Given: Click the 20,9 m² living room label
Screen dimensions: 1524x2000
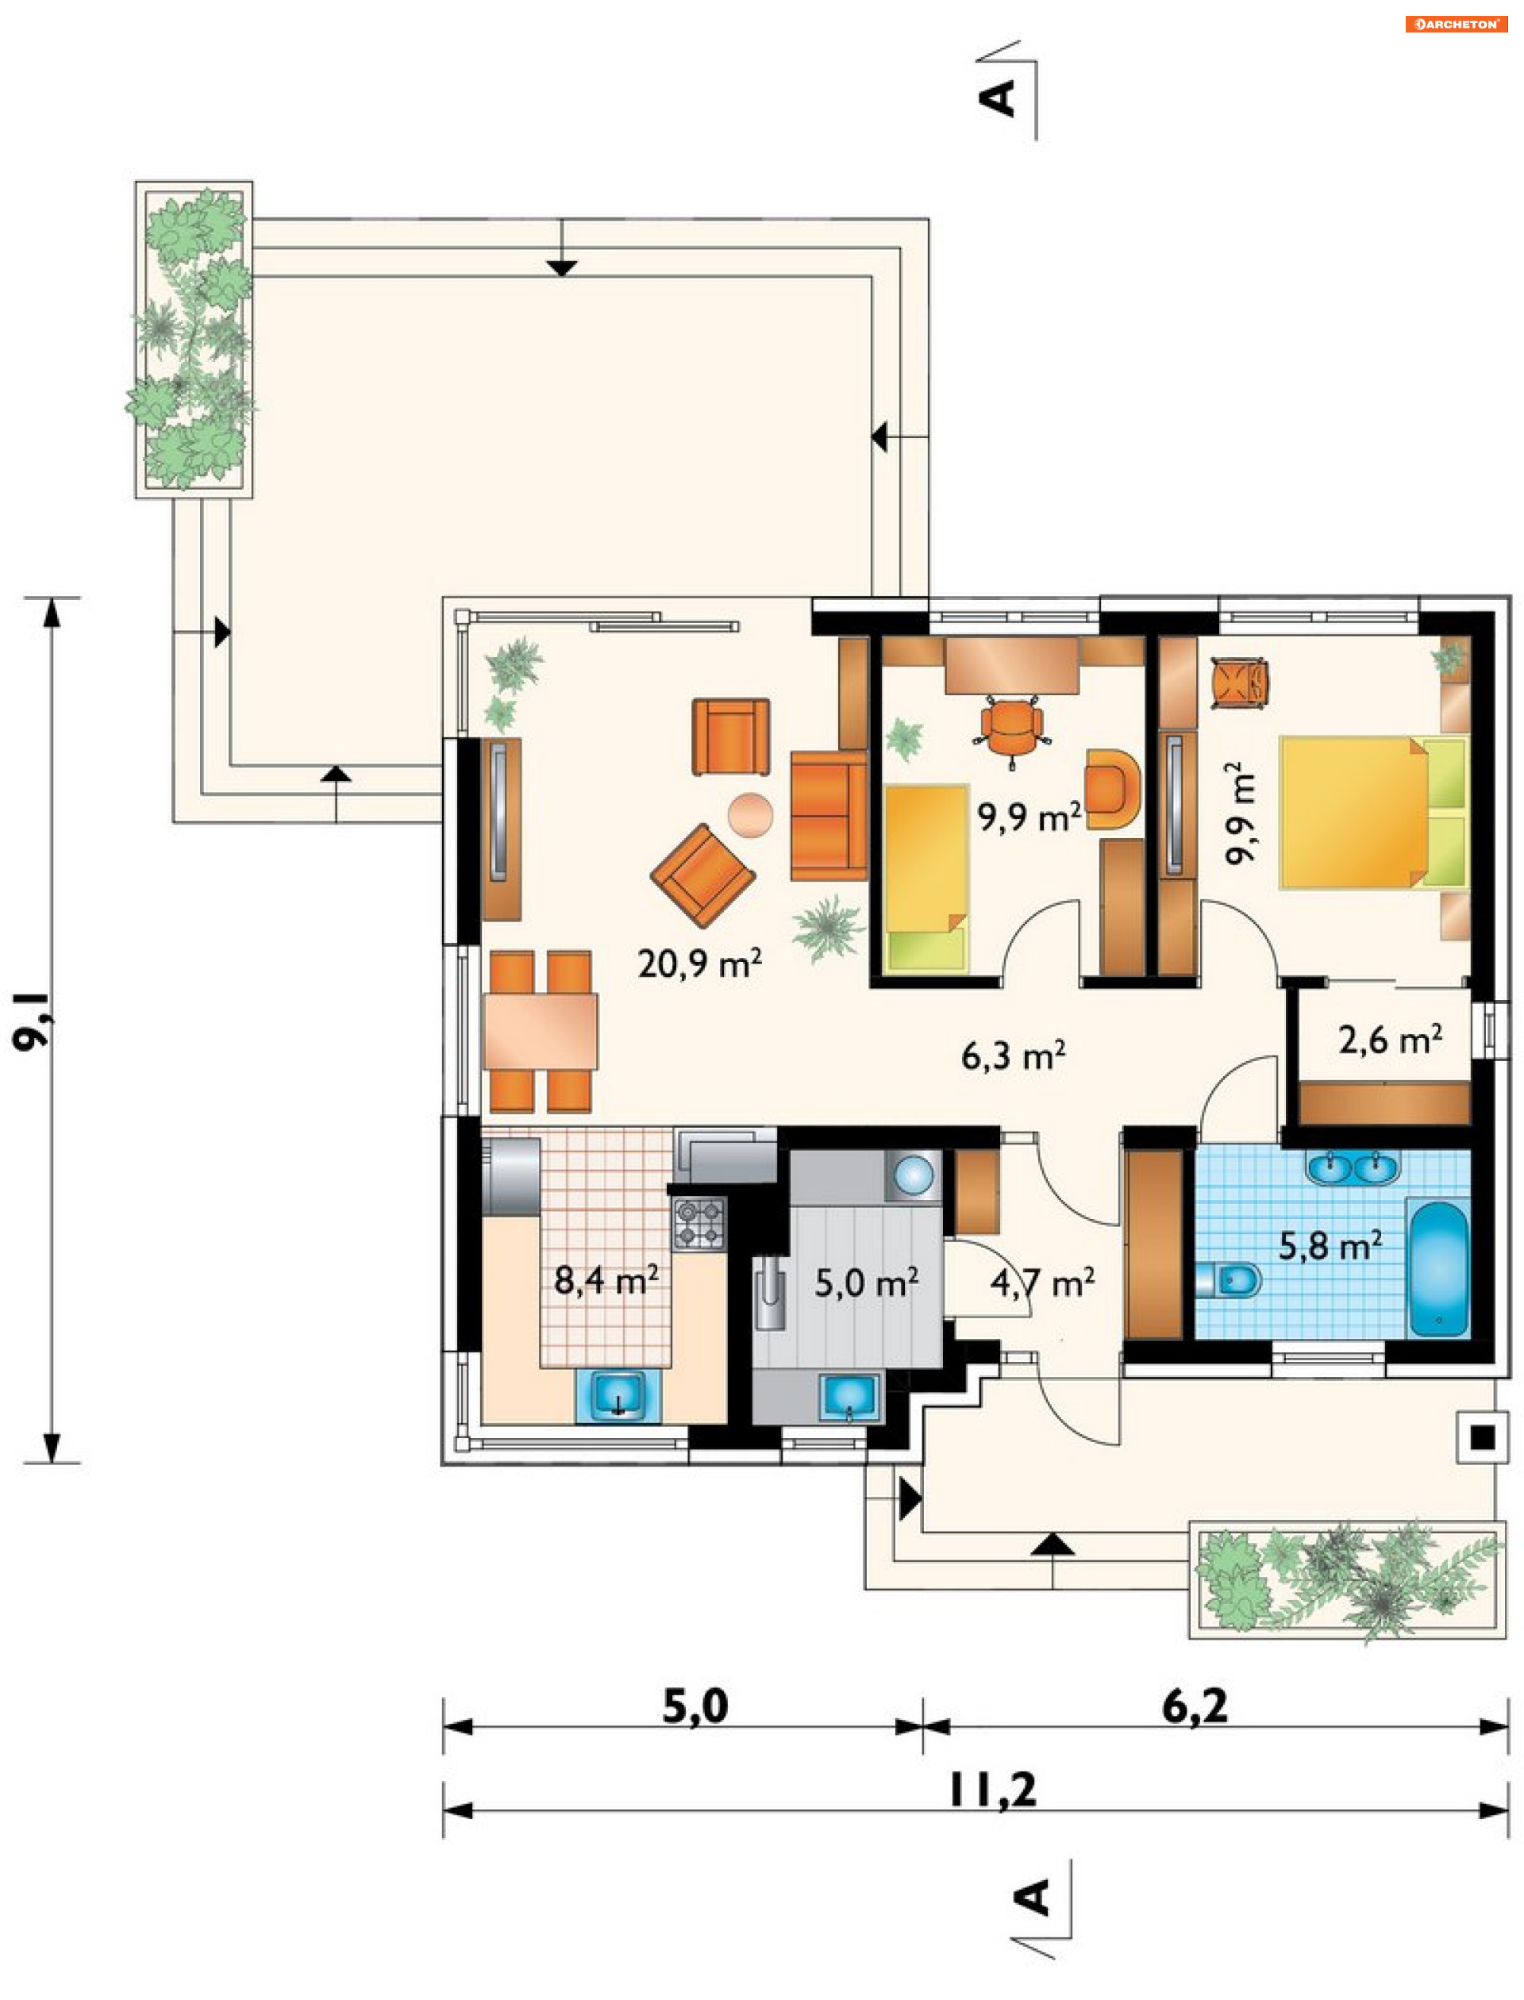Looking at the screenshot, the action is pos(699,963).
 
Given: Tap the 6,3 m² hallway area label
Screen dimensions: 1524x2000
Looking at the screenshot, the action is pos(1014,1056).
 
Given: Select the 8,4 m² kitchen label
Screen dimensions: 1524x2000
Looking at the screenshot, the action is pos(606,1280).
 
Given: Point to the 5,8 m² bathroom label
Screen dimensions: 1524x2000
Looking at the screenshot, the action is pos(1330,1246).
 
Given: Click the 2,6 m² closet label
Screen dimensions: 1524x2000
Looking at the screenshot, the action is pos(1390,1040).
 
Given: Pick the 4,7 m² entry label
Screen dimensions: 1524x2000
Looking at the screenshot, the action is pos(1042,1283).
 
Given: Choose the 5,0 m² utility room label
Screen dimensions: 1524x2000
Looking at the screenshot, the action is pos(866,1283).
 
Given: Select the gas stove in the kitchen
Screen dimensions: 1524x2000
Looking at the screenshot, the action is pos(698,1223).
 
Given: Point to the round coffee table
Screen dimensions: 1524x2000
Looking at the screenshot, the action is pos(750,814).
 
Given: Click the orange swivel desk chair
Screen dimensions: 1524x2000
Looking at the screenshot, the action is pos(1011,730).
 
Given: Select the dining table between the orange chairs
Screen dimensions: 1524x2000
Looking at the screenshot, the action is pos(540,1031).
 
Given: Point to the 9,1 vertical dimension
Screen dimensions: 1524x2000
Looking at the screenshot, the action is pos(33,1021).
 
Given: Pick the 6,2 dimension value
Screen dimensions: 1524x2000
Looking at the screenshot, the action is pos(1195,1706).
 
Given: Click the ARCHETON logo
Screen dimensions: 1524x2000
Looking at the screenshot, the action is pos(1456,25).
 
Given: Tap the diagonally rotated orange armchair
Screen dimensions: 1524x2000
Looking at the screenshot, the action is pos(702,875).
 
